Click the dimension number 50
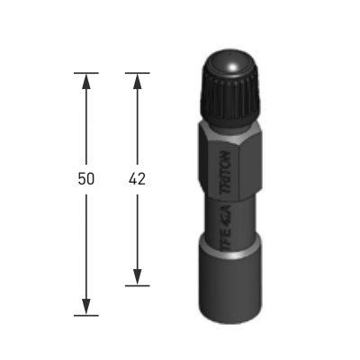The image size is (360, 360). [86, 179]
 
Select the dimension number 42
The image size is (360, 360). [137, 179]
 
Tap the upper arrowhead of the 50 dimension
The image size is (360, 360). [86, 81]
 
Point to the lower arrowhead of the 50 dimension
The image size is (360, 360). [86, 307]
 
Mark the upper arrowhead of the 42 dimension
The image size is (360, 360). [138, 81]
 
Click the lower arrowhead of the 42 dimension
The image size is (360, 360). [138, 277]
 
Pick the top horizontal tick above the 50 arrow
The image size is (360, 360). [86, 73]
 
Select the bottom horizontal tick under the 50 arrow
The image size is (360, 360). [86, 316]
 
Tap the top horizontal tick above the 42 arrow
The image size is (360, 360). [138, 73]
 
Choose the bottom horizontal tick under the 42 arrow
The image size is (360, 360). [138, 286]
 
